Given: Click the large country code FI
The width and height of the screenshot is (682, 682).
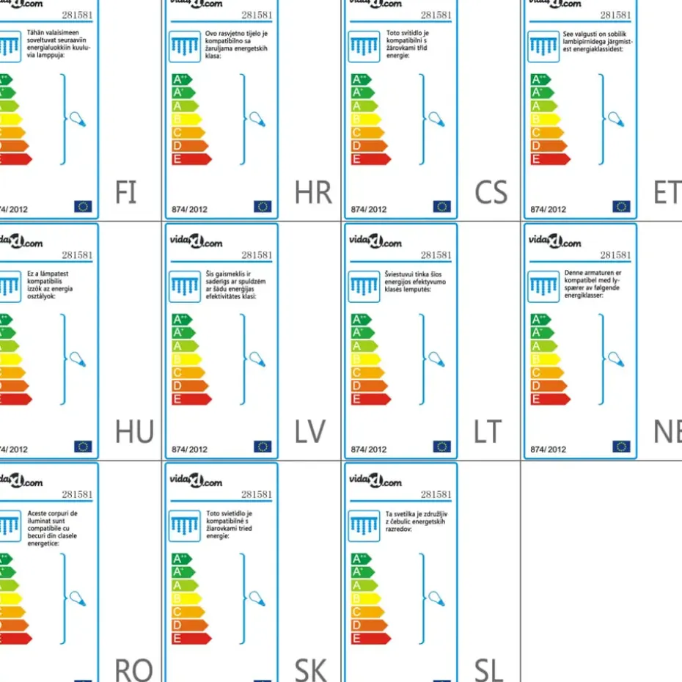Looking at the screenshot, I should coord(126,193).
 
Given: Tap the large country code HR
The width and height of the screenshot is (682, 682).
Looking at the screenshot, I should coord(313,193).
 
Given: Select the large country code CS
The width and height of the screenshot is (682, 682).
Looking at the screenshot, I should coord(491,193).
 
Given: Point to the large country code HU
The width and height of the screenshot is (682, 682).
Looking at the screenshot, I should coord(134,433).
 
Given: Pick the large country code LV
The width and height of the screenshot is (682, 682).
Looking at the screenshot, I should coord(309,433).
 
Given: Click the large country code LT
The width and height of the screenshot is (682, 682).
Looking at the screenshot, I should coord(488,433).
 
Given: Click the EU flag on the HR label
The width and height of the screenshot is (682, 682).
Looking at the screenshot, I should coord(263,207).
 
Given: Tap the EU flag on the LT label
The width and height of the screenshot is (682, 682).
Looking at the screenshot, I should coord(441,447).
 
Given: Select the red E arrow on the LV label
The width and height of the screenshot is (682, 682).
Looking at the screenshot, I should coord(191,400).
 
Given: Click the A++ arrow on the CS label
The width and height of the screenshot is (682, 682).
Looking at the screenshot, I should coord(361,79).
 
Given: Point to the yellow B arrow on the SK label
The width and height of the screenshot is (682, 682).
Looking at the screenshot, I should coord(187,598).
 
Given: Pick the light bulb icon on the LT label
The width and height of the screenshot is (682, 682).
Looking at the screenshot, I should coord(436,359).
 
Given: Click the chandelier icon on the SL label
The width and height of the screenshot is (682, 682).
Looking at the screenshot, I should coord(364,525).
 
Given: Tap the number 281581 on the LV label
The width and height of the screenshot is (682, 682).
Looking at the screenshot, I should coord(257,255).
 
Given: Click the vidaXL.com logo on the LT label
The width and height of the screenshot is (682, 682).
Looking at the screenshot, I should coord(375,242).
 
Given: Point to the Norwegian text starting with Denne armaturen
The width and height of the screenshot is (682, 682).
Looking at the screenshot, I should coord(593,284).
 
